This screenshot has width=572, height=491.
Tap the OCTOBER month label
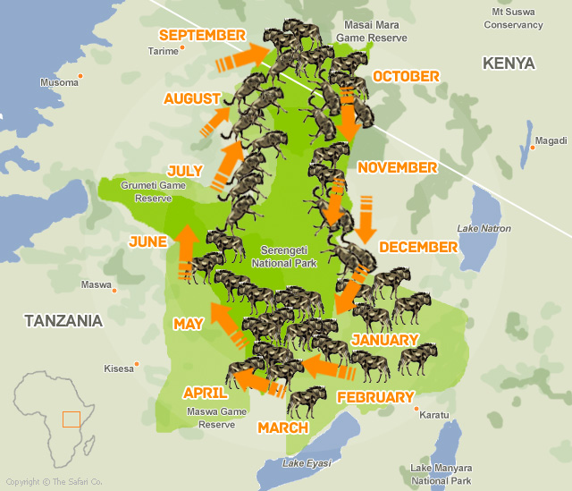click(406, 76)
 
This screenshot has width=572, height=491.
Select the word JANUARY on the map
click(384, 340)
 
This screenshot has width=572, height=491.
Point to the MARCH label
click(282, 428)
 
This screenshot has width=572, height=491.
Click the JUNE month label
click(147, 241)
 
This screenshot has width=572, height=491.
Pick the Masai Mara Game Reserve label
click(371, 33)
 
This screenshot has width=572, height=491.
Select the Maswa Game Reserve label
click(216, 418)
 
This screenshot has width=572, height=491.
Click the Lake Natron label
click(484, 229)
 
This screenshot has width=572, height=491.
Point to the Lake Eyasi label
click(307, 462)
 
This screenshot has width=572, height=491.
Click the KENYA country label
click(508, 63)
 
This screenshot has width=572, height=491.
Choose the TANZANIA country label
click(63, 320)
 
